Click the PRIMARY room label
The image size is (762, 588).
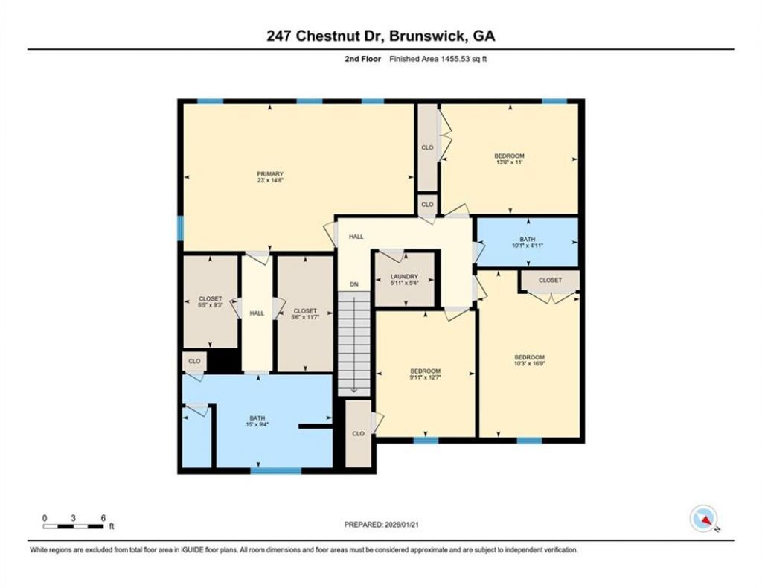(x=270, y=174)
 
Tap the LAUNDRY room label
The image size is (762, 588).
(x=404, y=276)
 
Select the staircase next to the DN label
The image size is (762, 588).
(x=353, y=342)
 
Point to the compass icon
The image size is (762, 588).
(x=704, y=519)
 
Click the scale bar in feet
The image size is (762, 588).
(x=74, y=526)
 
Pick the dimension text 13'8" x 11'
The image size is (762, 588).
(x=509, y=162)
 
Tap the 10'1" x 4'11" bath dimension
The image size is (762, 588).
(x=528, y=246)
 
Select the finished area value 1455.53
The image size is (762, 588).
(x=455, y=59)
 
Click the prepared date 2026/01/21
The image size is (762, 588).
(x=401, y=525)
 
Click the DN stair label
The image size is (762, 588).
(x=354, y=284)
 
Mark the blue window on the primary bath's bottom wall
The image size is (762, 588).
(x=276, y=470)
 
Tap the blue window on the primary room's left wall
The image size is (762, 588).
(x=180, y=229)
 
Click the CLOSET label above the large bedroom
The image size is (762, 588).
(x=550, y=280)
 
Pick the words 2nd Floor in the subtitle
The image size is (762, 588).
(x=363, y=59)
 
